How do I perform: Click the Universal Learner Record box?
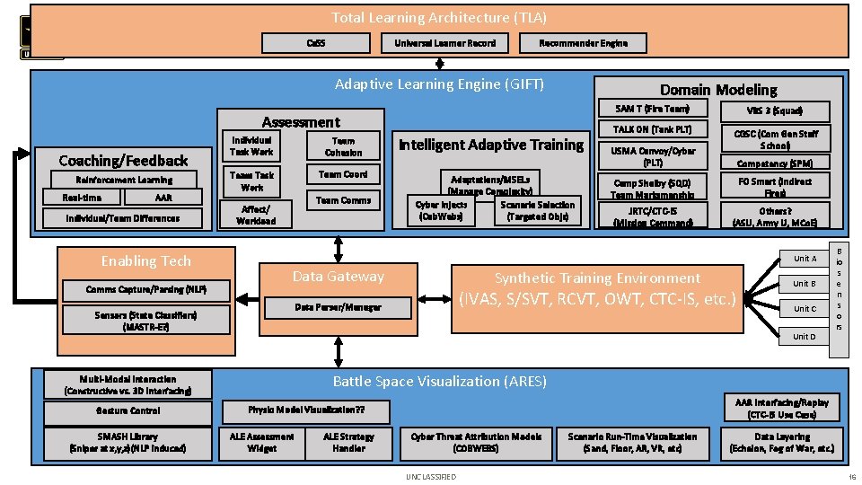(x=444, y=43)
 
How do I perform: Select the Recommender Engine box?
(x=583, y=43)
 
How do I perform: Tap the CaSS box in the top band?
(x=315, y=43)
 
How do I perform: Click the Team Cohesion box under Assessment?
(x=343, y=146)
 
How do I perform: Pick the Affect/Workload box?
(x=256, y=213)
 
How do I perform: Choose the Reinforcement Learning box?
(x=124, y=180)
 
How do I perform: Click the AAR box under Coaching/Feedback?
(x=163, y=198)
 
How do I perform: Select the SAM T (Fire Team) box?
(x=652, y=109)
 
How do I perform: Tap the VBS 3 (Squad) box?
(x=774, y=110)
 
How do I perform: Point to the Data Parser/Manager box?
(x=338, y=307)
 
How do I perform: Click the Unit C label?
(x=805, y=309)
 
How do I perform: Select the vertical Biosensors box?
(x=838, y=297)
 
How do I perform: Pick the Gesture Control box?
(x=128, y=410)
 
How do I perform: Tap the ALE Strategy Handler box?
(x=349, y=442)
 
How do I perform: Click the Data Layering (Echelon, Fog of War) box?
(x=781, y=442)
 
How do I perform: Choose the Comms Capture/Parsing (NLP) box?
(x=133, y=289)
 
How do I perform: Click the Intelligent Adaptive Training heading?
(x=490, y=145)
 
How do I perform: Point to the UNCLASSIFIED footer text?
(x=431, y=476)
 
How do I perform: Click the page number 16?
(x=851, y=476)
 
